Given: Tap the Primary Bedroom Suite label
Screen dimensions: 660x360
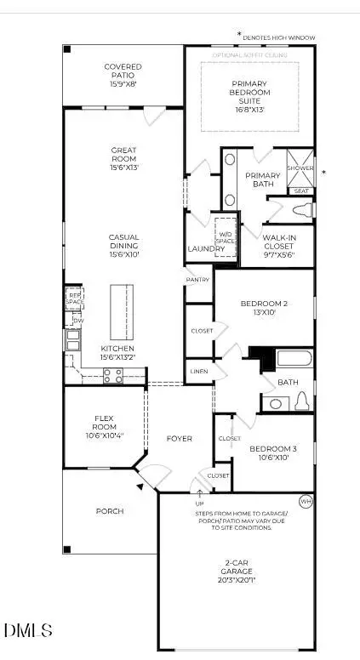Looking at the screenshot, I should [x=249, y=96].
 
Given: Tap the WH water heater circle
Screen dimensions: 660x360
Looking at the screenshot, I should [x=306, y=502].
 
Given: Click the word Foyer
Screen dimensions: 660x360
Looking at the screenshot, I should [x=179, y=439].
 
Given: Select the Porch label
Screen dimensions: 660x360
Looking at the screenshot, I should [x=110, y=511].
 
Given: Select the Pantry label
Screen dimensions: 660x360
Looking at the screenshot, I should [x=197, y=279].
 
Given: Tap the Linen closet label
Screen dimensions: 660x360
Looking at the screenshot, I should [x=197, y=371].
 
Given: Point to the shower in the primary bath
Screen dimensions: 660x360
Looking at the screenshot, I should [x=300, y=162].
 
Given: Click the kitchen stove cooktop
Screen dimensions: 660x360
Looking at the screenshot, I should [x=112, y=375].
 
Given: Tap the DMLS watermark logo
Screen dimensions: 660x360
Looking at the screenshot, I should [x=28, y=630].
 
